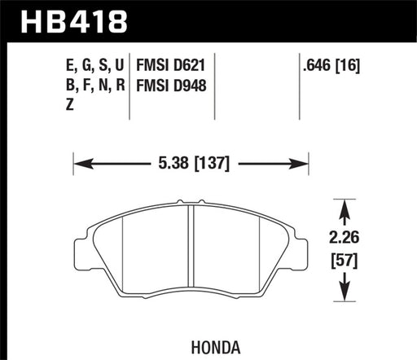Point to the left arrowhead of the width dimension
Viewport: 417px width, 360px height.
pyautogui.click(x=79, y=163)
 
